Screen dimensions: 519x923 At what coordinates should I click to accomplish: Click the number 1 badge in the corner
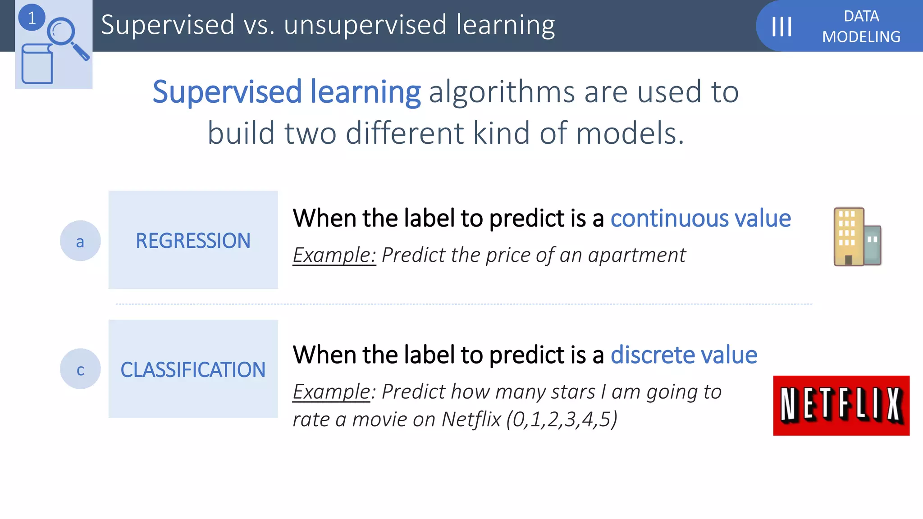click(32, 18)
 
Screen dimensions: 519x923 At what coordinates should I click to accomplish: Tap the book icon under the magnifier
click(37, 64)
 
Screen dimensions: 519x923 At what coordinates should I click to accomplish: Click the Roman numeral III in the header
click(781, 27)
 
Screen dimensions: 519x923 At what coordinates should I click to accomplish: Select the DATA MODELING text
click(861, 27)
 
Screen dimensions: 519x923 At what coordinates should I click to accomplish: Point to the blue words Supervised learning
click(287, 92)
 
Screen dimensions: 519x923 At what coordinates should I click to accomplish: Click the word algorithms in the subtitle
click(502, 92)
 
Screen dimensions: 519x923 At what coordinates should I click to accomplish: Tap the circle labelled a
click(80, 241)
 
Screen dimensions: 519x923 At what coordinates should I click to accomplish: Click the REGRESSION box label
click(193, 241)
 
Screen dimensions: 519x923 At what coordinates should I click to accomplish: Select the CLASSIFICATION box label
click(193, 370)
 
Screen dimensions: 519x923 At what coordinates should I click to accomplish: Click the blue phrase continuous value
click(700, 219)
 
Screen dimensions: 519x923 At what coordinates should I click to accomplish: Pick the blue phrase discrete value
click(684, 355)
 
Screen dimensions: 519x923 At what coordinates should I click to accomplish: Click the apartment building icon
click(856, 237)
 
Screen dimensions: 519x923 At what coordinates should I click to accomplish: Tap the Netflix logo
click(841, 405)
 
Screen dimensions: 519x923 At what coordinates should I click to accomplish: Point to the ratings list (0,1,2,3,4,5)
click(562, 419)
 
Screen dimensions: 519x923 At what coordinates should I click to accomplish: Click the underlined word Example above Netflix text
click(331, 392)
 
